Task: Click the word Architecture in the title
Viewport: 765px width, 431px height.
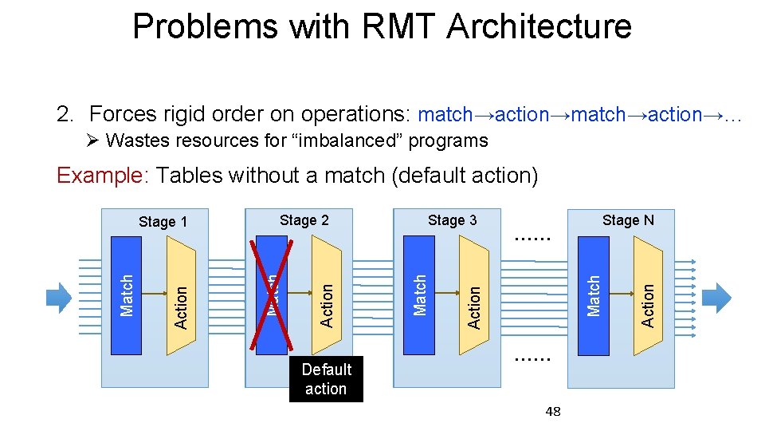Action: (539, 26)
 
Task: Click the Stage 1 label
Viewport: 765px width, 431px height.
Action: (163, 222)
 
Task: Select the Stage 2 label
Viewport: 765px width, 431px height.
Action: (304, 220)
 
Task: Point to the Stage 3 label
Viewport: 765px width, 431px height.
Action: (452, 220)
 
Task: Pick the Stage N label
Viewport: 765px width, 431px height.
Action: (628, 220)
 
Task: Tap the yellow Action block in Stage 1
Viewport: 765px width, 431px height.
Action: (181, 297)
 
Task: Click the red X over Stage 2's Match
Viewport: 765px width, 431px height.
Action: (271, 294)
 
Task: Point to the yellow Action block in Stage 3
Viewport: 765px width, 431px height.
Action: (475, 297)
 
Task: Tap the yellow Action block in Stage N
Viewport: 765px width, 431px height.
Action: (648, 297)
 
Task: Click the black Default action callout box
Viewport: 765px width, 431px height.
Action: (326, 379)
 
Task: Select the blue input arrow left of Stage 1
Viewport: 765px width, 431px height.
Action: (59, 297)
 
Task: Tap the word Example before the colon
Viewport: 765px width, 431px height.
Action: (98, 175)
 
